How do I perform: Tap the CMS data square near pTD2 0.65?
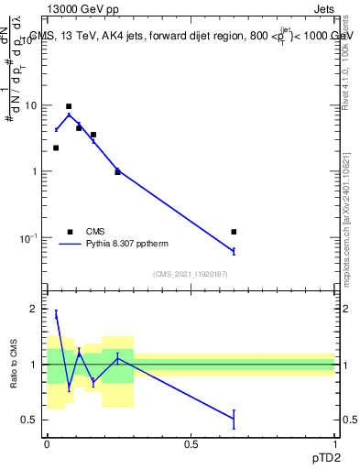click(234, 232)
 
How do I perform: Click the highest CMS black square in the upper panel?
click(69, 106)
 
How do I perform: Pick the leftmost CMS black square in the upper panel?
click(56, 147)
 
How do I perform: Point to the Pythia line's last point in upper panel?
click(234, 251)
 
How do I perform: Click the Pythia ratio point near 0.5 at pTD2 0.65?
click(234, 419)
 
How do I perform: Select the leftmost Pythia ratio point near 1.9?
click(56, 314)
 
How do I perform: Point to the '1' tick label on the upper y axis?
click(34, 171)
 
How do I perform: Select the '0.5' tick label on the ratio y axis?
click(30, 420)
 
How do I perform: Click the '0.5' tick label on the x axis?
click(191, 444)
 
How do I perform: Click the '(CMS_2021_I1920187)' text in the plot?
click(190, 274)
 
